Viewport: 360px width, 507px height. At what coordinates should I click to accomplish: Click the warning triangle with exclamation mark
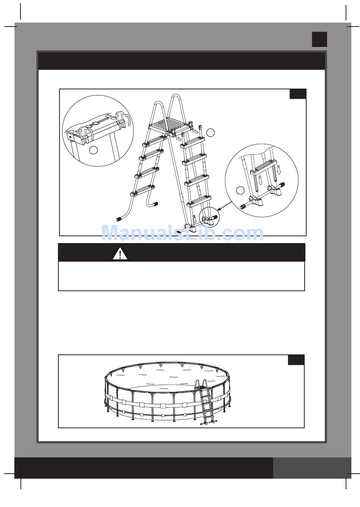120,253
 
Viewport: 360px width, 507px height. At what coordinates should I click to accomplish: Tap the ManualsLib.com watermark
183,233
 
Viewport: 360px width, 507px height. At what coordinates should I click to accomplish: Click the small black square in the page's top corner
319,39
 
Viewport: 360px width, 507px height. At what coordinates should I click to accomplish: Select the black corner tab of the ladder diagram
298,94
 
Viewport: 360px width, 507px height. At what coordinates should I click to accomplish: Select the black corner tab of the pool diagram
296,360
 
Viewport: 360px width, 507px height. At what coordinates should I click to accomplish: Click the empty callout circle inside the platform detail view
93,150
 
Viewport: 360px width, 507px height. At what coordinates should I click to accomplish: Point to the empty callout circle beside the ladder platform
211,133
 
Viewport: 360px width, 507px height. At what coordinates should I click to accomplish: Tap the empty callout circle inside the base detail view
240,190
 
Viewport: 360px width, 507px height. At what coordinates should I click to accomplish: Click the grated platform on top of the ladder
170,127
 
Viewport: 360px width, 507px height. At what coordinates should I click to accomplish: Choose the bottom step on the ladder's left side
143,190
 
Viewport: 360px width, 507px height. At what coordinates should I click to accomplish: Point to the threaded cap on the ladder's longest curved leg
119,219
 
